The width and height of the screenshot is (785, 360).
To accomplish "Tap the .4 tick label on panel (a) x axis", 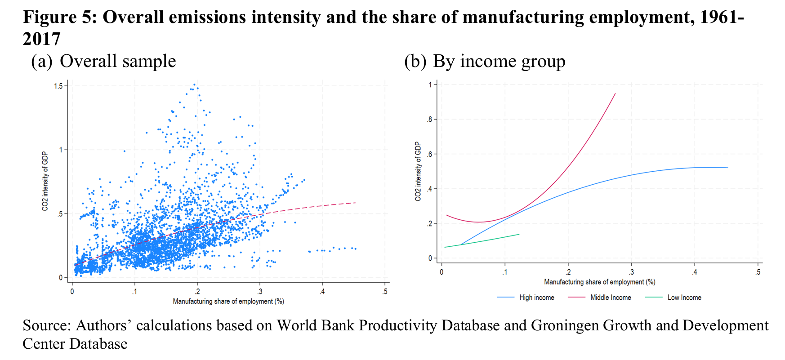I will [322, 291].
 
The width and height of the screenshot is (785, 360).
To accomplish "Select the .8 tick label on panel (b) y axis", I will [429, 120].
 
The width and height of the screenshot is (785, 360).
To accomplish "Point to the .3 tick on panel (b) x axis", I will [631, 272].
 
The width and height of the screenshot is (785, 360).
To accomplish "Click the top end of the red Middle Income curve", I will [615, 93].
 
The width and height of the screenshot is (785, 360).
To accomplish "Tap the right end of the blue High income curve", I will [727, 168].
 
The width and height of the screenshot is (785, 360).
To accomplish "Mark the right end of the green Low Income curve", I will [519, 234].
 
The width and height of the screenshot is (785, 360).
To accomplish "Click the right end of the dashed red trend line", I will [355, 203].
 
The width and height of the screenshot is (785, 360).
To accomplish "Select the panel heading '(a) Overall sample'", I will [103, 61].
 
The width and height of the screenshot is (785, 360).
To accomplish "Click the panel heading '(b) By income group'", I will [485, 61].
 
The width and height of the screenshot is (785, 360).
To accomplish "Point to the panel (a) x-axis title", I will [228, 301].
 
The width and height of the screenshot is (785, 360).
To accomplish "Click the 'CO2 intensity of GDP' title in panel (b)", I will [418, 171].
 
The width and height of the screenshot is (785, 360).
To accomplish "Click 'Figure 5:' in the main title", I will [60, 17].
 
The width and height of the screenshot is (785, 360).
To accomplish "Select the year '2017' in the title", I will [41, 39].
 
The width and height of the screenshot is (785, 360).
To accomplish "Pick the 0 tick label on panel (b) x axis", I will [442, 272].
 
